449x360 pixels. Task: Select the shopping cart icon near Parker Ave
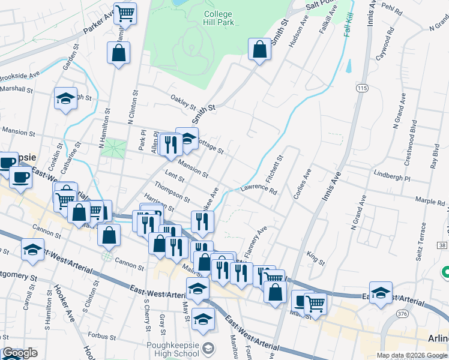click(125, 13)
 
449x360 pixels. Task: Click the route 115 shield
click(361, 88)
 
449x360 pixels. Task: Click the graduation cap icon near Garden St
click(65, 99)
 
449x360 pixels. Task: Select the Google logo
click(20, 353)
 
